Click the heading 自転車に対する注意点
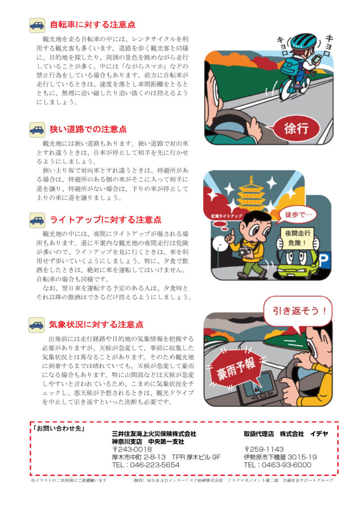(x=92, y=25)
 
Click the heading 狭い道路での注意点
(x=88, y=129)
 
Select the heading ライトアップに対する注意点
(x=105, y=220)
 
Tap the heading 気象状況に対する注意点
(x=96, y=324)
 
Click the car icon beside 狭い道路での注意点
(x=37, y=130)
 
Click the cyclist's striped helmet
(x=303, y=41)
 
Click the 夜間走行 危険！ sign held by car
(x=297, y=238)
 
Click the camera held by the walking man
(x=245, y=251)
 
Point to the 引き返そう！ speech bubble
(x=297, y=311)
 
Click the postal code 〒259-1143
(x=264, y=449)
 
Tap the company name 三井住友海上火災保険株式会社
(x=154, y=434)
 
